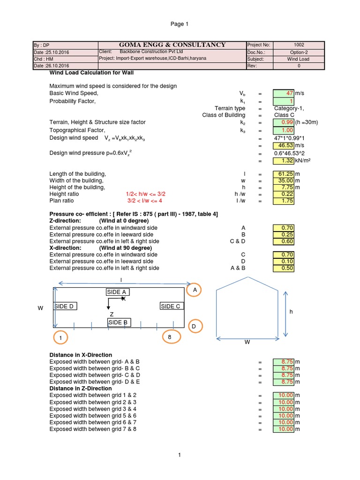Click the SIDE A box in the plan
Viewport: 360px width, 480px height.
[118, 292]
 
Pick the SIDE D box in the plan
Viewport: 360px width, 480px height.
[65, 306]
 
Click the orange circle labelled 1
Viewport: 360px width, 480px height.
[60, 337]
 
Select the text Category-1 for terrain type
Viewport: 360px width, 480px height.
[289, 108]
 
